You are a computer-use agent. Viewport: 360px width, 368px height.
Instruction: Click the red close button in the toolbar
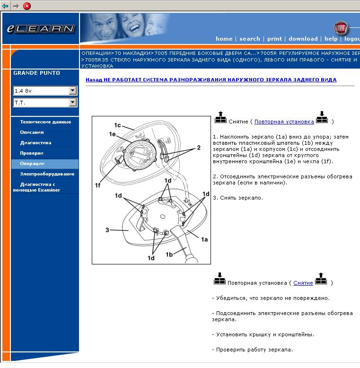pos(27,6)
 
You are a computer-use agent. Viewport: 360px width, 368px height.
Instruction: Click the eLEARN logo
pos(41,28)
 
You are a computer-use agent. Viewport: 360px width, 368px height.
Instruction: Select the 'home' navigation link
pos(224,39)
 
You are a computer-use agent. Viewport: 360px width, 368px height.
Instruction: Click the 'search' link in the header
pos(250,39)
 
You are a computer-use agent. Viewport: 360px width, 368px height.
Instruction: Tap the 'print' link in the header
pos(274,39)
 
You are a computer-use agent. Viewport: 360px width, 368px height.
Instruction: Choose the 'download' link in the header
pos(303,39)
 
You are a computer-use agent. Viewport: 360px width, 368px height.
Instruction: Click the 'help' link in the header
pos(331,39)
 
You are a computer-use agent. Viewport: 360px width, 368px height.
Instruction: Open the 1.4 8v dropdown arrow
pos(72,90)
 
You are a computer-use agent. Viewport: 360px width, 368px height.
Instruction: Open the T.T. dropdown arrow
pos(72,102)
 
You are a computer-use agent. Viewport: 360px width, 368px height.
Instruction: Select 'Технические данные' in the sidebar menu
pos(45,122)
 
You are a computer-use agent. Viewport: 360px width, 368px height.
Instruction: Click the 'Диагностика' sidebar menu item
pos(35,143)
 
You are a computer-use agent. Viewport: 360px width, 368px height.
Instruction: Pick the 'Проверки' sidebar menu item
pos(32,153)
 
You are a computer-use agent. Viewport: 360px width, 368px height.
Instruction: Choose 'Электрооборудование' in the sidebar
pos(47,174)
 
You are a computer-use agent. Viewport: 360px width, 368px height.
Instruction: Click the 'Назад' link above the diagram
pos(93,80)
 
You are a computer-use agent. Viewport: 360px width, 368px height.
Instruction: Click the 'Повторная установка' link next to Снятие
pos(284,122)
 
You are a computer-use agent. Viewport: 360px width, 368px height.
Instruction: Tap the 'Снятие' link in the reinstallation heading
pos(303,283)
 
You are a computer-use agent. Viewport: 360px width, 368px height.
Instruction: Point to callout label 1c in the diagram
pos(117,125)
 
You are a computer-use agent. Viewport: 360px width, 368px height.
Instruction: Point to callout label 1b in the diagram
pos(169,254)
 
